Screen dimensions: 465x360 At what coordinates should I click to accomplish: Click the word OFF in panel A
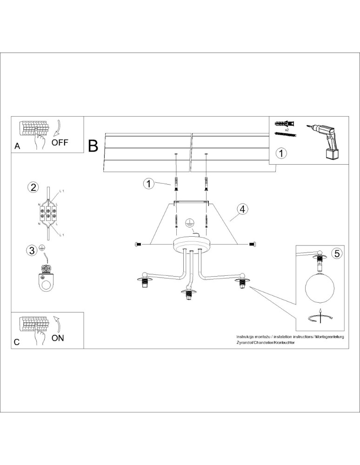[x=60, y=142]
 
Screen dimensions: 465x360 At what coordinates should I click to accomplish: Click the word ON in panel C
[x=58, y=338]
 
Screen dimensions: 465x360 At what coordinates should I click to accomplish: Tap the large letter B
[x=93, y=146]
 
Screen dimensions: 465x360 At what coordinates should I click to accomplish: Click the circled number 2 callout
[x=33, y=187]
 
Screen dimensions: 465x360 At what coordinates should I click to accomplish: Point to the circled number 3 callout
[x=32, y=251]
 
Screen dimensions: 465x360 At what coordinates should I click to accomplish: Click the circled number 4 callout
[x=241, y=209]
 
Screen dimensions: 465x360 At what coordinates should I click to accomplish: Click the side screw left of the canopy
[x=138, y=244]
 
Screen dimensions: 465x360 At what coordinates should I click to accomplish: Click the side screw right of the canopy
[x=252, y=244]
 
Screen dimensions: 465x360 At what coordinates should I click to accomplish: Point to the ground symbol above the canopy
[x=189, y=223]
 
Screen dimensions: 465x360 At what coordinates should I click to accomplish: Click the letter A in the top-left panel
[x=17, y=146]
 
